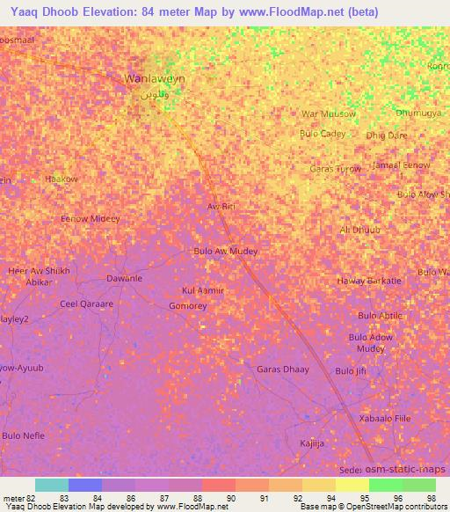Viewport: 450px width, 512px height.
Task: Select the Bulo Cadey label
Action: point(323,134)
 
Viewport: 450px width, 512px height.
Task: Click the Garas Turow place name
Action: point(335,169)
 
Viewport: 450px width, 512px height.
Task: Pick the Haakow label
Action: point(62,179)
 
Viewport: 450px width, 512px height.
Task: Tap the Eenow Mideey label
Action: point(91,218)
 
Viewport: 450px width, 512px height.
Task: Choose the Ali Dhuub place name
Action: point(359,230)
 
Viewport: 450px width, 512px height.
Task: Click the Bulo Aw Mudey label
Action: point(225,251)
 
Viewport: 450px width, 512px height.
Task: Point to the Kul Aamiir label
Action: point(203,290)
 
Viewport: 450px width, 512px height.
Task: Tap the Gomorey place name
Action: point(187,306)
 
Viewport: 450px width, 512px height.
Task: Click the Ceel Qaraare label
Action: point(86,304)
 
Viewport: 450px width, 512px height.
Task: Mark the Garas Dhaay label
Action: point(282,369)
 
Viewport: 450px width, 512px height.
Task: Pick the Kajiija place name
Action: point(312,443)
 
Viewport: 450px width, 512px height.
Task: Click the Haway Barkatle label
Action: point(369,281)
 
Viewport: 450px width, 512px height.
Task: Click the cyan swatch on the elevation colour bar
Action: point(52,485)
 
